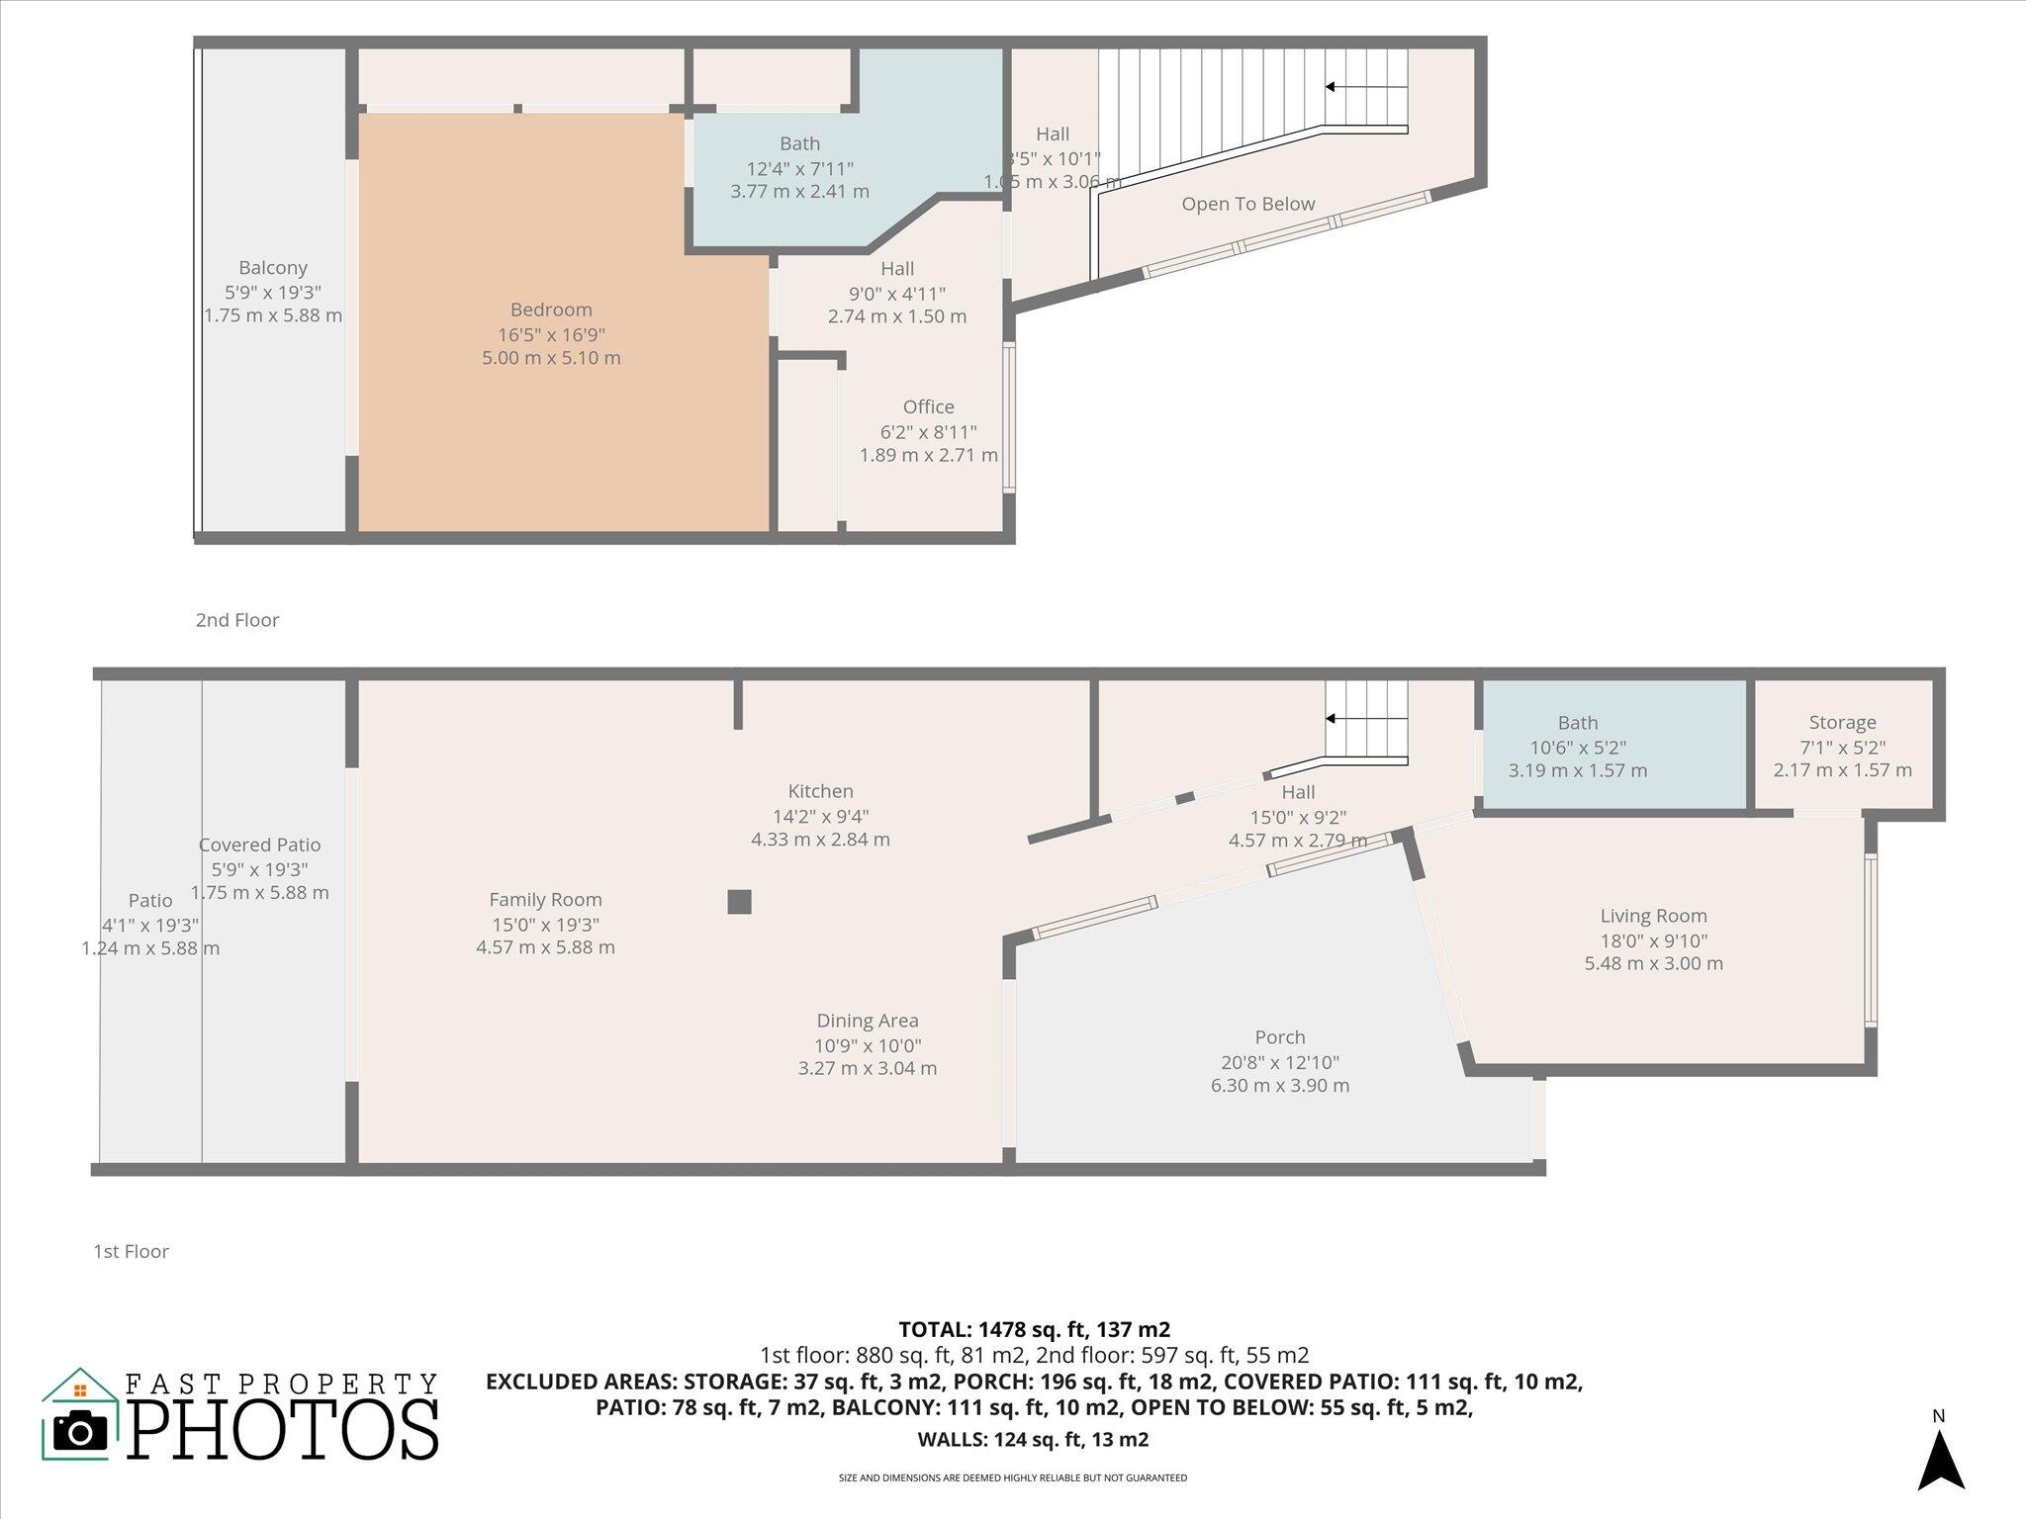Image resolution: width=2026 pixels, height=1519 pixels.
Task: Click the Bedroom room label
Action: pyautogui.click(x=551, y=310)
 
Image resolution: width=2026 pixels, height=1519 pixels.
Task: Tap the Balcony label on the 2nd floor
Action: pyautogui.click(x=273, y=268)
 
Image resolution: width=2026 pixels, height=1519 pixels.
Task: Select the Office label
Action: pyautogui.click(x=928, y=406)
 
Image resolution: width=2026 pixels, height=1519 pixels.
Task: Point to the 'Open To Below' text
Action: pyautogui.click(x=1247, y=204)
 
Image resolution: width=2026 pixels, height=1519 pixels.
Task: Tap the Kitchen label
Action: pyautogui.click(x=820, y=791)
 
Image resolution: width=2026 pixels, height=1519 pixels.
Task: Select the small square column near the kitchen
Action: pyautogui.click(x=739, y=902)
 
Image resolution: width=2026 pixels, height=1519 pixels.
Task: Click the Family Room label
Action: pyautogui.click(x=545, y=900)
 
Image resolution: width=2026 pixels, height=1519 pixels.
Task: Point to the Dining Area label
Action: pyautogui.click(x=868, y=1021)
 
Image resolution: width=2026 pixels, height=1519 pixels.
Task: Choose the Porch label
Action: pyautogui.click(x=1279, y=1037)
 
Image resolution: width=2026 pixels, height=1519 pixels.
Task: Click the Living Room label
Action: pyautogui.click(x=1653, y=916)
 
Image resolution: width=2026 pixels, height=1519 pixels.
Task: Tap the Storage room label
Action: pyautogui.click(x=1842, y=723)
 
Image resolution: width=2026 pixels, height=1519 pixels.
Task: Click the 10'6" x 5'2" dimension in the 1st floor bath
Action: pyautogui.click(x=1577, y=748)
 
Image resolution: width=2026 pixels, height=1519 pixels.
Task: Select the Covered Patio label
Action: pyautogui.click(x=259, y=845)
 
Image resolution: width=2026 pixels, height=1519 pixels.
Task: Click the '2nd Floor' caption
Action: pyautogui.click(x=237, y=620)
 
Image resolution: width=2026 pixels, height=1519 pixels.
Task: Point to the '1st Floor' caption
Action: pyautogui.click(x=131, y=1251)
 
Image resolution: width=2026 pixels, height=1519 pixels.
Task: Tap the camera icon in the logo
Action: pyautogui.click(x=80, y=1431)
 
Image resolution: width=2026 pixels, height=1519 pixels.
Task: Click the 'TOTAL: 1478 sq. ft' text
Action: pyautogui.click(x=1034, y=1329)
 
